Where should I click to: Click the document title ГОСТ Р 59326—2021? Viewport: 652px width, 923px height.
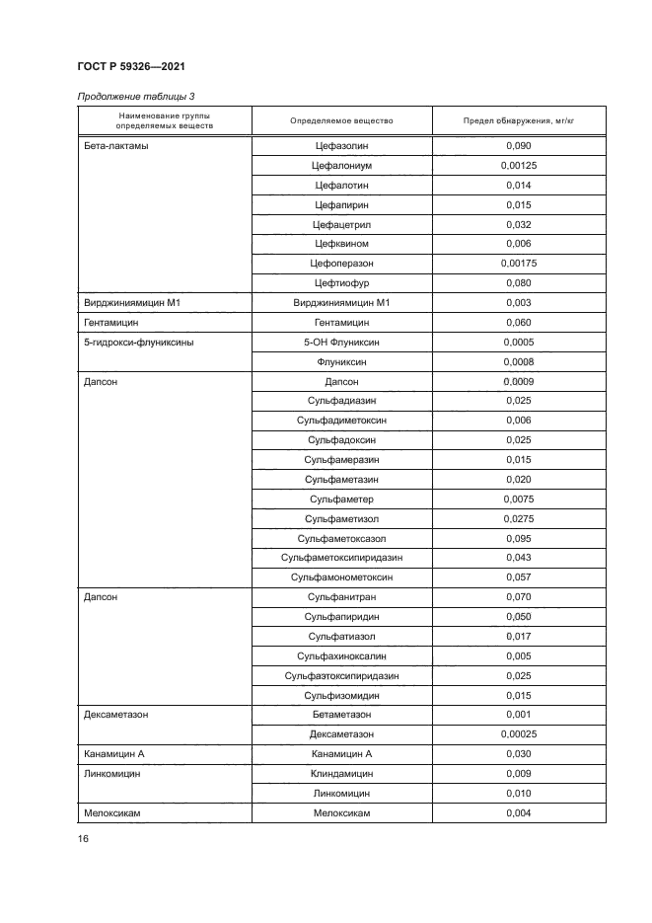coord(131,66)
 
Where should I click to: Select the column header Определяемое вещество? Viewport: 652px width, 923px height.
coord(341,121)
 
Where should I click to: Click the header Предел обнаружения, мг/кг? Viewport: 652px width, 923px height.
coord(518,121)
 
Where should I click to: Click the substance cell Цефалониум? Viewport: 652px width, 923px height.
coord(341,166)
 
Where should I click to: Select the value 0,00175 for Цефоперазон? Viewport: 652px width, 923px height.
coord(518,264)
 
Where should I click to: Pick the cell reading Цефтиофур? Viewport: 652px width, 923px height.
coord(341,283)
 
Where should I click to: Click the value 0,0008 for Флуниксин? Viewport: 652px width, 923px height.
coord(518,361)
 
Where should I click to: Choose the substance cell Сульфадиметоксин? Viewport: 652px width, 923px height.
coord(341,421)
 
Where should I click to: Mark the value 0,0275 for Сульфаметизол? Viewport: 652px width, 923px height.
coord(518,518)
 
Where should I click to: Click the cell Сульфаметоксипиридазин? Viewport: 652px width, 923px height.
coord(341,558)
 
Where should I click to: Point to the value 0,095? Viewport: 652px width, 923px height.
coord(518,538)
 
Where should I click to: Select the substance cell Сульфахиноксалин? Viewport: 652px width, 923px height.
coord(341,655)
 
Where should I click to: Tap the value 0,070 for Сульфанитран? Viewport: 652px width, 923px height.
coord(518,597)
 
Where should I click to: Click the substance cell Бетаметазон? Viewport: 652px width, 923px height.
coord(341,714)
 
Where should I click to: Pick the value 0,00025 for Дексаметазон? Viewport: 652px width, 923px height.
coord(518,733)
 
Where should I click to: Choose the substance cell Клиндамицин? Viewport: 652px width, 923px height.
coord(341,773)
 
